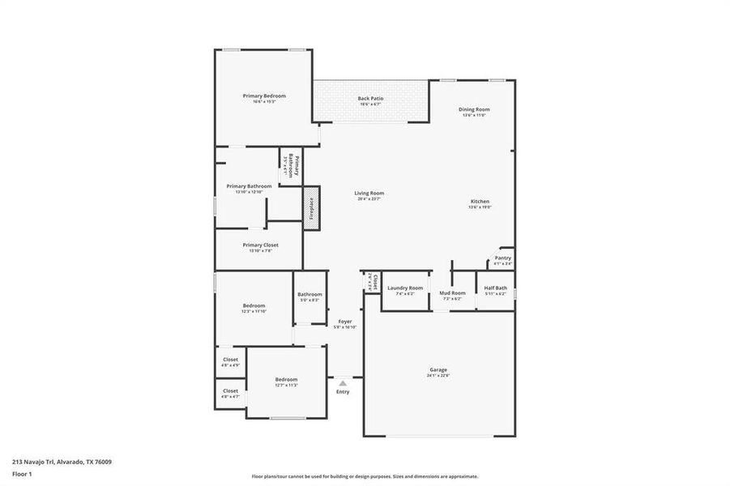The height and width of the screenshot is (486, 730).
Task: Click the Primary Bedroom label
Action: point(264,96)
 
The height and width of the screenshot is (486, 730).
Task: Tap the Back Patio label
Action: point(370,99)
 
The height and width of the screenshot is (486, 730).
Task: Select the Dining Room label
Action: point(474,109)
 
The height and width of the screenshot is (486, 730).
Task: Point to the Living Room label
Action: point(369,194)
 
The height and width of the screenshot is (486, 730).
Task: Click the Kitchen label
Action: point(480,202)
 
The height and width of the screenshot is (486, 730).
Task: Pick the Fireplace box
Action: point(311,208)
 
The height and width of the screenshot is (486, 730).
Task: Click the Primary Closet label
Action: point(260,245)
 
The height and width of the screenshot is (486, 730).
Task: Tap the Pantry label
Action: point(502,258)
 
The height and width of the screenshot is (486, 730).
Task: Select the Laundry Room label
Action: point(404,288)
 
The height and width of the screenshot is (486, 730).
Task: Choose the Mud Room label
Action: point(452,293)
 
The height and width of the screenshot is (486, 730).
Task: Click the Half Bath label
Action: point(495,288)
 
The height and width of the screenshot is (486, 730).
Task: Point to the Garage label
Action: point(438,370)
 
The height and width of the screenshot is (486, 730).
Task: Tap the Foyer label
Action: point(344,322)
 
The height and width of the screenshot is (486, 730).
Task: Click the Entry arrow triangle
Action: point(343,382)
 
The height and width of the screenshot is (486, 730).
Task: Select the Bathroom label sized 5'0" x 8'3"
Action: point(309,295)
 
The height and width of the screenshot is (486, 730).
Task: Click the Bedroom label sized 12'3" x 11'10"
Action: point(253,306)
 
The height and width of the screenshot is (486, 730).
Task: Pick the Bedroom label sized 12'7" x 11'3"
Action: point(285,380)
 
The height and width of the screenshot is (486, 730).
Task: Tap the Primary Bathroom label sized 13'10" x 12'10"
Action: point(249,186)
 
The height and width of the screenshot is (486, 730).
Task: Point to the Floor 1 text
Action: point(23,475)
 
